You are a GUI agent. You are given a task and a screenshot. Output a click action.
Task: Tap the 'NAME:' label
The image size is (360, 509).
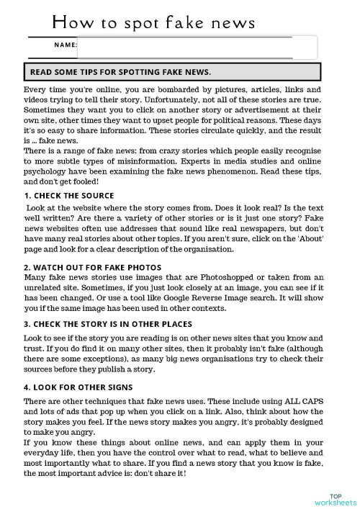(x=65, y=45)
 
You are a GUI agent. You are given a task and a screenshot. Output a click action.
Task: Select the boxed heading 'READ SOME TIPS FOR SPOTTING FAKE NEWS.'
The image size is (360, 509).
(x=119, y=72)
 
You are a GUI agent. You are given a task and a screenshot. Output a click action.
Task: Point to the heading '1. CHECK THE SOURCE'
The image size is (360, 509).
(x=68, y=196)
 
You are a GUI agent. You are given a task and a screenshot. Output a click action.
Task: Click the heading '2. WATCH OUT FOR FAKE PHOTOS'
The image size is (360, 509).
(x=92, y=267)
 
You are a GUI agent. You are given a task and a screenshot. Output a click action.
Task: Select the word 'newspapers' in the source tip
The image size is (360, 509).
(x=258, y=228)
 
